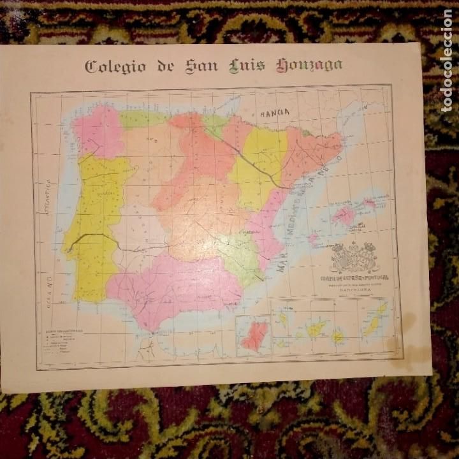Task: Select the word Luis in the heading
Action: (x=246, y=66)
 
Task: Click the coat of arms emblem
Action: (x=354, y=256)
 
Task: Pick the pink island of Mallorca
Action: (x=344, y=215)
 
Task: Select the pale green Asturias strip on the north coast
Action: (x=143, y=118)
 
